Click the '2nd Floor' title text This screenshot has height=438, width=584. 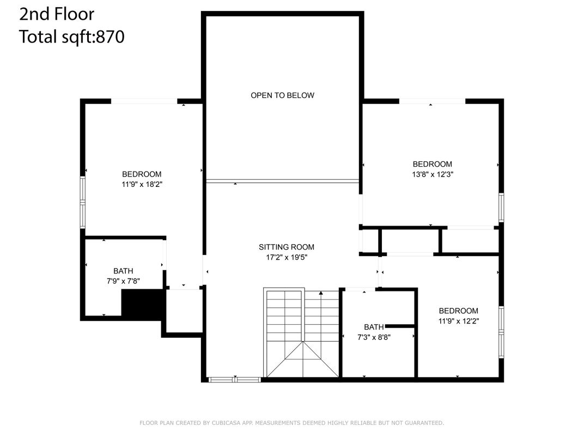57,14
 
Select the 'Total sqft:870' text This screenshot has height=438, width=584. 71,37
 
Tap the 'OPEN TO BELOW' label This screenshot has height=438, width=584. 282,95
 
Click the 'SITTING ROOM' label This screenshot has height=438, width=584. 287,247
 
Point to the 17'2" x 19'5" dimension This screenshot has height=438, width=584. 287,257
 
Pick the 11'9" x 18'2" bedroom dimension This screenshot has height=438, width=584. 142,184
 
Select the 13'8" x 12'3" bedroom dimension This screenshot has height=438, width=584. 433,174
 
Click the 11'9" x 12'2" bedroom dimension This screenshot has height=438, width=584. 459,321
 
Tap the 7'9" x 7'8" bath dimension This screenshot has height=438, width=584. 123,281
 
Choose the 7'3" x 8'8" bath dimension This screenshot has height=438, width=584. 374,337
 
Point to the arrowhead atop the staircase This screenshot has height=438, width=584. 321,293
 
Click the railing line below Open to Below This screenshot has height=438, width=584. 282,181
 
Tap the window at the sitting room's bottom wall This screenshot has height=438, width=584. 234,380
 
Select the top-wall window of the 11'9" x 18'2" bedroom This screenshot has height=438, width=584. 144,101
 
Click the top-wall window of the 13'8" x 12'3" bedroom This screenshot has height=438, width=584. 432,101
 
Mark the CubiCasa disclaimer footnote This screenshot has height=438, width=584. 291,423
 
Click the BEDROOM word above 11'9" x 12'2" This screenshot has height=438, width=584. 459,311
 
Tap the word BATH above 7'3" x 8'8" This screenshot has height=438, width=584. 374,327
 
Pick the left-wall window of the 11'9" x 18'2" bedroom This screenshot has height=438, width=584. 83,202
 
